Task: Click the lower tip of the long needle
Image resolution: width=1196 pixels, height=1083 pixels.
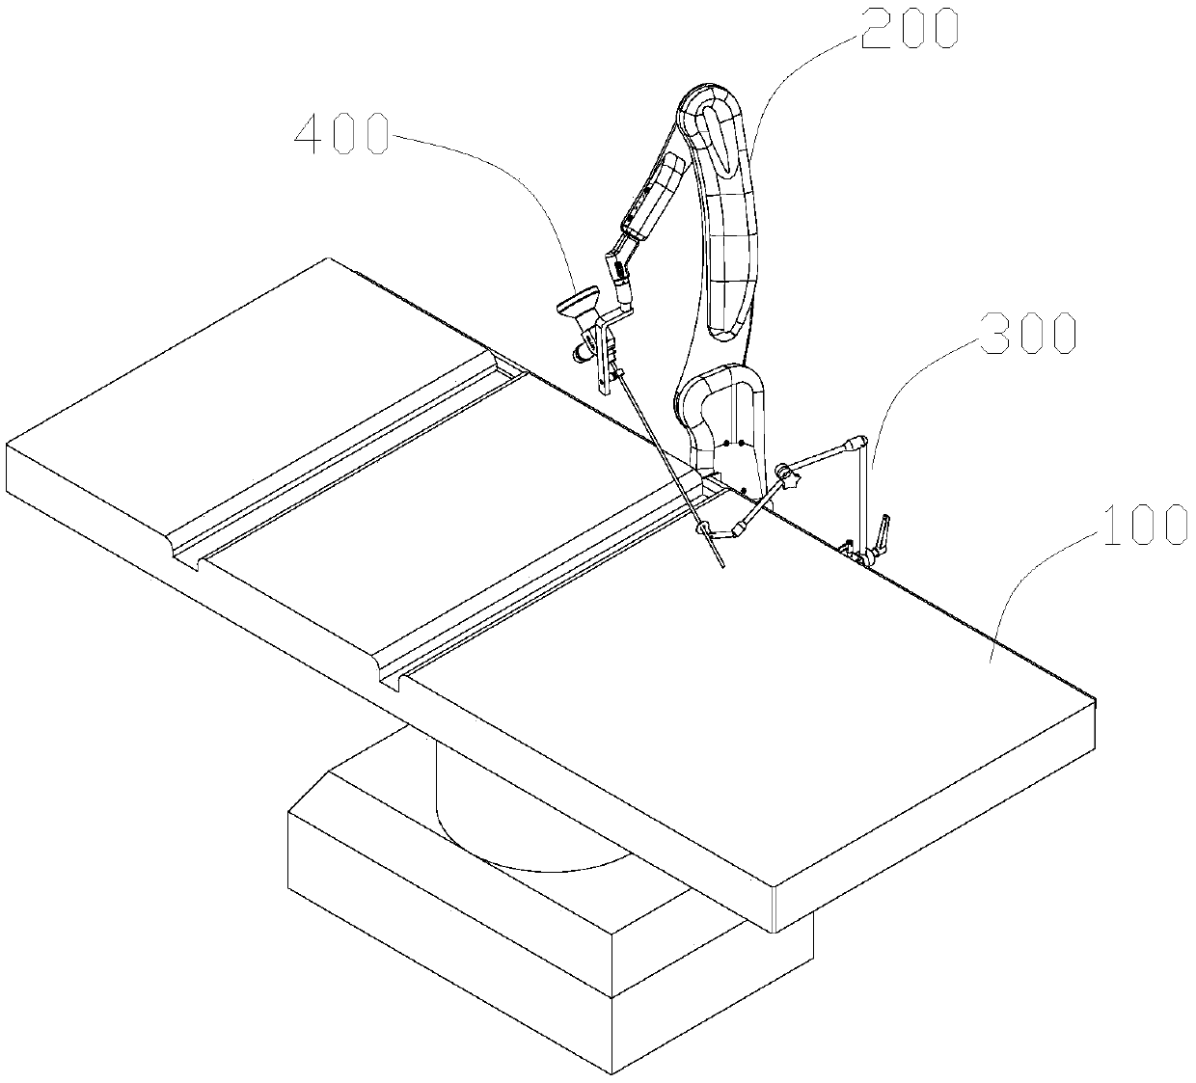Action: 720,565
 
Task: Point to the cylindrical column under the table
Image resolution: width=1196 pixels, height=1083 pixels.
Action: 502,810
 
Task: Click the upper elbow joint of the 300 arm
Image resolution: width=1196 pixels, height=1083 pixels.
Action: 853,445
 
